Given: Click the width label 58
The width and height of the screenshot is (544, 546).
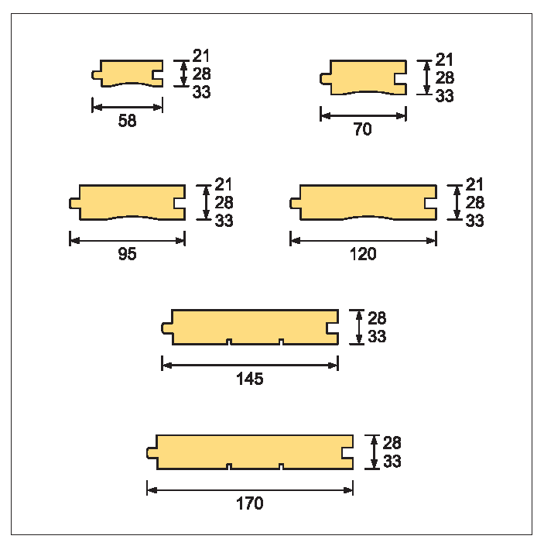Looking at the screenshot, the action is (x=128, y=121).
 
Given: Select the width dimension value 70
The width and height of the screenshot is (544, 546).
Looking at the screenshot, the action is (x=363, y=129).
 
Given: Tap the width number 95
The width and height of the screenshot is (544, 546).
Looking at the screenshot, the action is (x=128, y=254).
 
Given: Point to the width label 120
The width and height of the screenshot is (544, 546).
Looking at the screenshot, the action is (x=363, y=254).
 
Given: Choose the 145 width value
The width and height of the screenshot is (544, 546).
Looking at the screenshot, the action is (x=250, y=379).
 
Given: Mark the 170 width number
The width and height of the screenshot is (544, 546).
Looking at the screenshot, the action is (x=250, y=503).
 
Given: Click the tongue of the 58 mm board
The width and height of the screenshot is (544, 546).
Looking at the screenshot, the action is (x=97, y=75).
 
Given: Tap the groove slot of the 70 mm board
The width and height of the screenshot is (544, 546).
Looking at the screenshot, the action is (x=400, y=79).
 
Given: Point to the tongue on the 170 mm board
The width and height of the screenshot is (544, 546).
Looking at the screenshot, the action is (x=152, y=453).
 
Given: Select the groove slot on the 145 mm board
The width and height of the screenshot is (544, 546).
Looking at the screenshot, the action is (x=332, y=328).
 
